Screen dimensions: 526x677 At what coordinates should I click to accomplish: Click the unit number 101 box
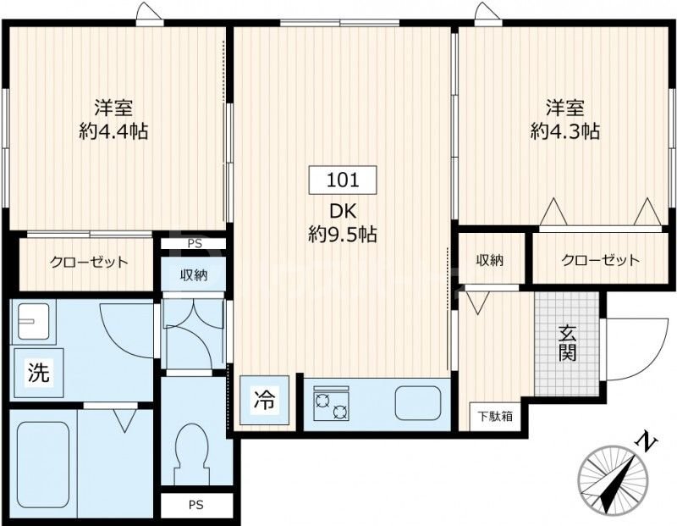[343, 180]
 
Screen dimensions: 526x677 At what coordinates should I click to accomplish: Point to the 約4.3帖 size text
[565, 131]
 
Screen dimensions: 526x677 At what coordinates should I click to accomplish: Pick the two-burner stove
[331, 404]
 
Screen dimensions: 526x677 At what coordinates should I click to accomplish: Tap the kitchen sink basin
[418, 403]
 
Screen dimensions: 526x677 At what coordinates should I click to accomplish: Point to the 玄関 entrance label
[567, 343]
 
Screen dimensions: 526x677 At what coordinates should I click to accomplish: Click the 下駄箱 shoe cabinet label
[493, 416]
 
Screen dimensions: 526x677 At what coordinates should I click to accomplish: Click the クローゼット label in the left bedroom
[89, 262]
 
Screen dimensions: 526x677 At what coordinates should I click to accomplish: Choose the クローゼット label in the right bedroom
[600, 260]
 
